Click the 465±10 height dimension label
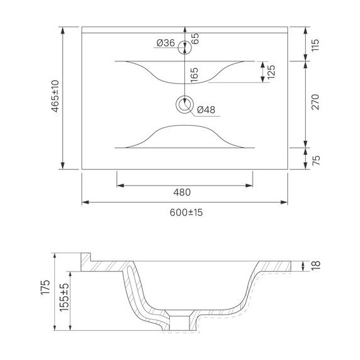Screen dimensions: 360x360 click(x=56, y=96)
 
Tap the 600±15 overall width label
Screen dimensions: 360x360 click(x=186, y=213)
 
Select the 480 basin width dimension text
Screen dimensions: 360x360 click(x=182, y=193)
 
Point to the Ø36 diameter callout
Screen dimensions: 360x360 click(x=165, y=43)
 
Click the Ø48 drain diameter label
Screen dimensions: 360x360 click(x=206, y=110)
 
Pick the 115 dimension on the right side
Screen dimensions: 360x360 click(x=315, y=45)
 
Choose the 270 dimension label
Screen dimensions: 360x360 click(x=315, y=102)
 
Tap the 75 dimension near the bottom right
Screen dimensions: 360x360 click(x=316, y=160)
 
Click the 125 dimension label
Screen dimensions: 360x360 click(x=271, y=72)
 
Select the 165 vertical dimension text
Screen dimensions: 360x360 click(x=194, y=75)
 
